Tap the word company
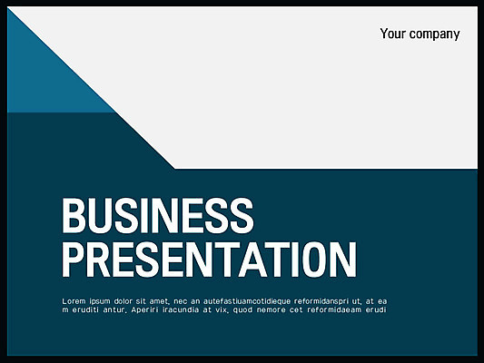[435, 34]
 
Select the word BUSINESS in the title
[158, 216]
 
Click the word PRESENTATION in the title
[210, 260]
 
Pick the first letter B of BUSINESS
[74, 216]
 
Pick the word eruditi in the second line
[85, 309]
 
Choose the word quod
[243, 310]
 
